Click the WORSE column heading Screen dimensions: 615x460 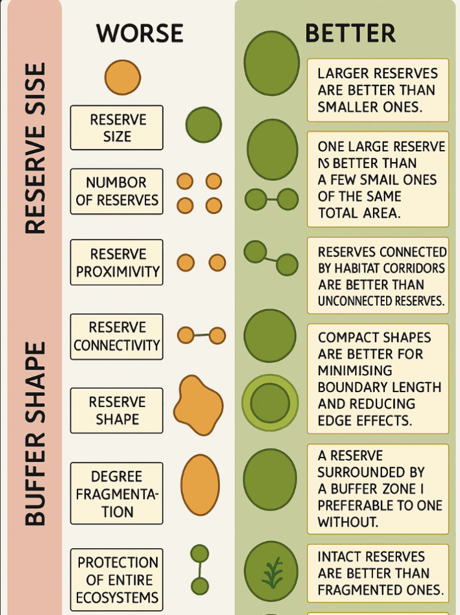point(139,34)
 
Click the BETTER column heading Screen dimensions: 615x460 point(350,34)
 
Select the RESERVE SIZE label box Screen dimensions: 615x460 point(117,127)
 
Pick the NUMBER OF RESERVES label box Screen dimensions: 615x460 point(117,192)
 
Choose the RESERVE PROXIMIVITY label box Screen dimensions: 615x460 point(117,262)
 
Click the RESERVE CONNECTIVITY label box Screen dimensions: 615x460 point(117,336)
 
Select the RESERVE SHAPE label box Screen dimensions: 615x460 point(117,410)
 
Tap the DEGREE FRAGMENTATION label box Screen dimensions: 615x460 point(117,493)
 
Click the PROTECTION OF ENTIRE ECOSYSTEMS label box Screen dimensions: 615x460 point(117,580)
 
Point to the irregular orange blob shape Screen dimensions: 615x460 point(198,405)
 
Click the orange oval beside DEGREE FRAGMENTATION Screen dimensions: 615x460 point(200,485)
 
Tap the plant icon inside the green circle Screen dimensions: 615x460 point(271,572)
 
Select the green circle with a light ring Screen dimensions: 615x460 point(270,402)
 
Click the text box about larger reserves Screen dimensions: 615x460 point(378,90)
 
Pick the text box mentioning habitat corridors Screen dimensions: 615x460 point(378,276)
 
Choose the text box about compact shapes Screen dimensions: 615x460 point(378,378)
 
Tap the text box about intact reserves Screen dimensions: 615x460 point(378,573)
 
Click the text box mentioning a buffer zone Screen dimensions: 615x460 point(378,489)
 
